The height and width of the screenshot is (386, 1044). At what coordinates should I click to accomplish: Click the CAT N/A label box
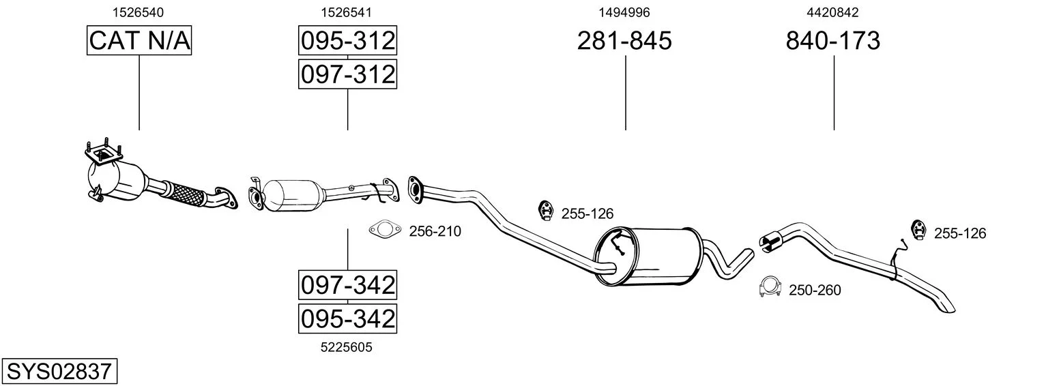pyautogui.click(x=139, y=40)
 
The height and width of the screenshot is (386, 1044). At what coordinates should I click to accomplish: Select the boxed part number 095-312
pyautogui.click(x=347, y=40)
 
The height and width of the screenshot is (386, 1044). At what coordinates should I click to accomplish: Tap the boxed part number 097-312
pyautogui.click(x=347, y=74)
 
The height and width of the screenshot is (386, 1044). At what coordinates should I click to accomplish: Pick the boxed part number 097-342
pyautogui.click(x=347, y=284)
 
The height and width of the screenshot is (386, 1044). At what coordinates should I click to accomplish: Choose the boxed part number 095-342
pyautogui.click(x=347, y=318)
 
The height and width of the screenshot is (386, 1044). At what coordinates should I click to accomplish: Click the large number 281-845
pyautogui.click(x=624, y=40)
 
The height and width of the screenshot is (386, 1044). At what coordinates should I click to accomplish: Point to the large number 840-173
pyautogui.click(x=833, y=40)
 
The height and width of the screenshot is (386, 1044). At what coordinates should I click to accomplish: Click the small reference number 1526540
pyautogui.click(x=138, y=12)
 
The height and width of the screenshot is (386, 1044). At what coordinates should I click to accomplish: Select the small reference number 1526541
pyautogui.click(x=346, y=12)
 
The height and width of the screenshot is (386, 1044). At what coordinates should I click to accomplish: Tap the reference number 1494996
pyautogui.click(x=624, y=12)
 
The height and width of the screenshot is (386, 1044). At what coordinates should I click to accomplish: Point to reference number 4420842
pyautogui.click(x=832, y=12)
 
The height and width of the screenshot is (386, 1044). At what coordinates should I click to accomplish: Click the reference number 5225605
pyautogui.click(x=346, y=347)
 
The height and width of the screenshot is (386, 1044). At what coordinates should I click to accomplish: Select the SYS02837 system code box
pyautogui.click(x=59, y=371)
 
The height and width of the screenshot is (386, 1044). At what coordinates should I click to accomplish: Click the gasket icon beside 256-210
pyautogui.click(x=385, y=229)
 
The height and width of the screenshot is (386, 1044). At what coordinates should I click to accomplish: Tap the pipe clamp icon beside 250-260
pyautogui.click(x=770, y=286)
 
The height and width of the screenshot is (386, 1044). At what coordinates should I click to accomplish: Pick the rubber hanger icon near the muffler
pyautogui.click(x=545, y=211)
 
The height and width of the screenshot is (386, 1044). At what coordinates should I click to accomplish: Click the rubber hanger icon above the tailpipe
pyautogui.click(x=918, y=229)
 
